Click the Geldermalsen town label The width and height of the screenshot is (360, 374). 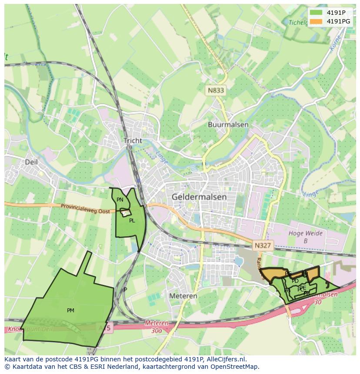pos(199,197)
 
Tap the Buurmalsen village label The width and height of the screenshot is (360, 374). pos(228,125)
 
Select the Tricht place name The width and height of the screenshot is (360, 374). pos(133,141)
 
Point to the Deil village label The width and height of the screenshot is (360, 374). pos(31,162)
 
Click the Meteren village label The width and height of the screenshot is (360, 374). pos(183,296)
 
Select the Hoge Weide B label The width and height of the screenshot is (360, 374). pos(306,237)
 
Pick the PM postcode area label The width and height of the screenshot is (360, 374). pos(70,311)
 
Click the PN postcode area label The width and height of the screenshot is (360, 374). pos(120,200)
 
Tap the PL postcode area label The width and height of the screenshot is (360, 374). pos(132,221)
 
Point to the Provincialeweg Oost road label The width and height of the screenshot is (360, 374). pos(85,209)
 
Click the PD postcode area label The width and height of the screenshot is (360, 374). pos(295,281)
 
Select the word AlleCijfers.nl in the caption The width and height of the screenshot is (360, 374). pos(225,359)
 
